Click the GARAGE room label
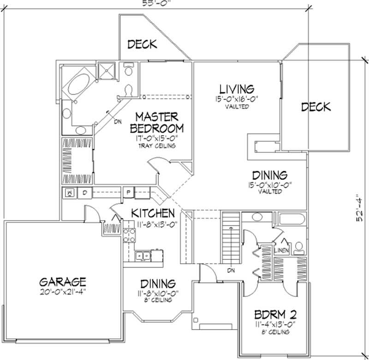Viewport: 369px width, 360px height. click(x=63, y=281)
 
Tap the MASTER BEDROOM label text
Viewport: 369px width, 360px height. click(x=157, y=121)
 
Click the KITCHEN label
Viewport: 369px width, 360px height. click(x=153, y=213)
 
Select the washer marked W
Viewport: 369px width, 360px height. click(x=70, y=192)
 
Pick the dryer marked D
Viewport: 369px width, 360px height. click(x=85, y=192)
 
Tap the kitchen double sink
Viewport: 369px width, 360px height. click(x=142, y=254)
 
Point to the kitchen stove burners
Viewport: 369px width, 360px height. click(x=129, y=236)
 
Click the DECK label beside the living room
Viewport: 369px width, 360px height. click(x=316, y=107)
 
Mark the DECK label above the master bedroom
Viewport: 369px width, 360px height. click(x=142, y=44)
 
